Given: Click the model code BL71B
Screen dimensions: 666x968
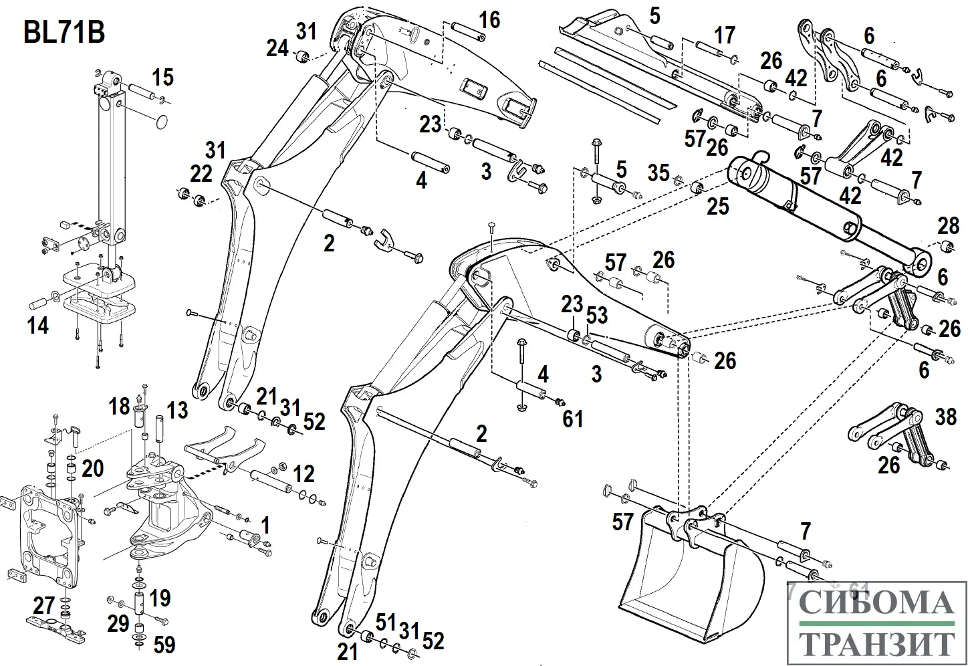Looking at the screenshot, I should tap(64, 32).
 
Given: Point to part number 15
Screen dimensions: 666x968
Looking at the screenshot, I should tap(162, 78).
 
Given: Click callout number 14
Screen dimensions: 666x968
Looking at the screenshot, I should tap(37, 326).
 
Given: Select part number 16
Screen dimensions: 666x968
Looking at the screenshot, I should tap(489, 20).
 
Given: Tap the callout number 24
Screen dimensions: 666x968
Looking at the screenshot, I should tap(277, 48).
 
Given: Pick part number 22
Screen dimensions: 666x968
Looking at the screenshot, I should tap(201, 174).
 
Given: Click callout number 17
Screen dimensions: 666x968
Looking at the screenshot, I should tap(725, 35).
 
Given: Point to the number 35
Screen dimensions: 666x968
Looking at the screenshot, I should tap(658, 173).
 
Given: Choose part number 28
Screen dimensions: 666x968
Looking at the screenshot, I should tap(948, 225).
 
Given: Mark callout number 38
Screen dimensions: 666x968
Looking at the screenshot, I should tap(945, 418).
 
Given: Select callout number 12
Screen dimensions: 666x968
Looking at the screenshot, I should tap(304, 474).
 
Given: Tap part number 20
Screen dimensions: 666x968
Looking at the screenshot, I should tap(93, 468).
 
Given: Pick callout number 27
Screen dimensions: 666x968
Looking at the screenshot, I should tap(44, 606).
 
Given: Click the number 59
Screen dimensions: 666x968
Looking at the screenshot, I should tap(164, 645).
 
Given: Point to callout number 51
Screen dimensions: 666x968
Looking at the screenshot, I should tap(386, 621).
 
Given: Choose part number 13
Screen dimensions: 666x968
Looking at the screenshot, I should tap(177, 409).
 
